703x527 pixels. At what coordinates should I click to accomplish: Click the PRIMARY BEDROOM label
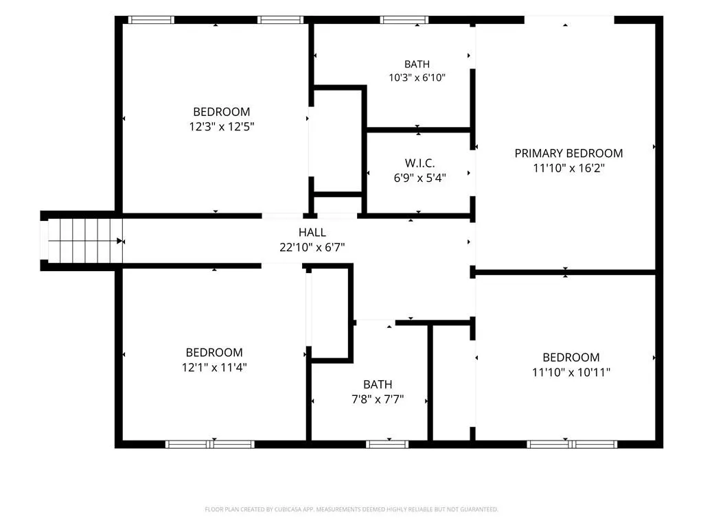568,153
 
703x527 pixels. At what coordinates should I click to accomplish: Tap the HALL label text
312,232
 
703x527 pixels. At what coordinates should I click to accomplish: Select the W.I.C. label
419,163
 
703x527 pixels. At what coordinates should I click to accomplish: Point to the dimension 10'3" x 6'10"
417,78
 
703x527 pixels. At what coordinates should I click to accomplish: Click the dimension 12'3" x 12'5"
222,126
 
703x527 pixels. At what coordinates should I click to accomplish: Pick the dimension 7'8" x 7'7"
378,399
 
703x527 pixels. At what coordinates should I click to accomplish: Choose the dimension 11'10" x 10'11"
571,372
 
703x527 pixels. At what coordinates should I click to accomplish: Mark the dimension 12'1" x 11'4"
214,368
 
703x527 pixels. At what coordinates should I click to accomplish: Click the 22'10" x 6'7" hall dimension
312,247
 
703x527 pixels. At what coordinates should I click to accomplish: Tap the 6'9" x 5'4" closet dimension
419,178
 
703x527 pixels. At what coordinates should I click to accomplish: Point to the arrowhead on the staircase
119,241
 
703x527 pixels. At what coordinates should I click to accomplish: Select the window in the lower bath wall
387,444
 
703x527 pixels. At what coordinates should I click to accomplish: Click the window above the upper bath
404,20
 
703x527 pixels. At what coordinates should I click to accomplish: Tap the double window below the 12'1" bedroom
210,444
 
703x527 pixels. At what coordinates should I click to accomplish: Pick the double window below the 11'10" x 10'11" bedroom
572,444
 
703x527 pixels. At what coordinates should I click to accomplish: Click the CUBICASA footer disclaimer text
351,509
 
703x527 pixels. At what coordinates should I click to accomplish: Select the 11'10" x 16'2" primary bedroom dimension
568,168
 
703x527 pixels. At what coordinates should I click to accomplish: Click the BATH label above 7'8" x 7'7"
378,384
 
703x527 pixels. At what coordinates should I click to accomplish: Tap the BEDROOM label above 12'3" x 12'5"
222,112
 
